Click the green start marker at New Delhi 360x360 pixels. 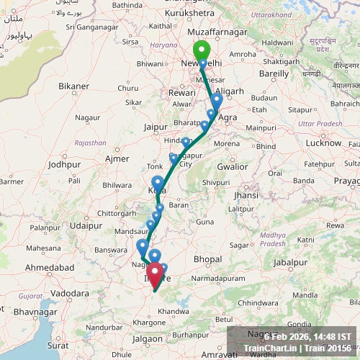tap(201, 51)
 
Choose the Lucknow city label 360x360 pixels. tap(323, 143)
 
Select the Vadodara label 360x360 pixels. tap(75, 294)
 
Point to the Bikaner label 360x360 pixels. tap(74, 86)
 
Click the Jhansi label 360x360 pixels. tap(246, 196)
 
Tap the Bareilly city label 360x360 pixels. tap(274, 73)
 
